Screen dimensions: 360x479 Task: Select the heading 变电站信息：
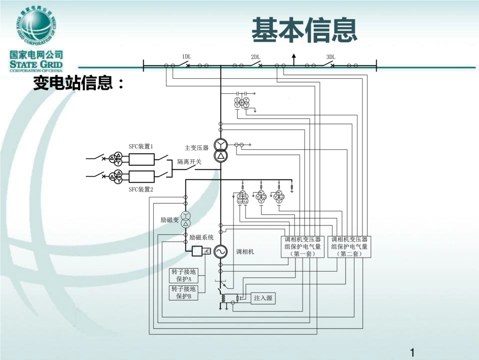[78, 83]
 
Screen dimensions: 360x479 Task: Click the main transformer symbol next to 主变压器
[220, 150]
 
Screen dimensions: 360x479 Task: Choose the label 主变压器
[196, 148]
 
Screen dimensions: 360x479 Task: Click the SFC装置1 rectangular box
[141, 159]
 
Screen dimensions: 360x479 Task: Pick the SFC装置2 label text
[141, 190]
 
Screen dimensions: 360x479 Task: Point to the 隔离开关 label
[189, 162]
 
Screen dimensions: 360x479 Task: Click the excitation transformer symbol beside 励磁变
[186, 220]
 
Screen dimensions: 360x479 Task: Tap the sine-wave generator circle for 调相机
[220, 251]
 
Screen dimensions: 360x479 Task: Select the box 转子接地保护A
[184, 275]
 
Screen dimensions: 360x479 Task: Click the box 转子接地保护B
[184, 292]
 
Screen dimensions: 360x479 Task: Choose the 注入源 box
[263, 298]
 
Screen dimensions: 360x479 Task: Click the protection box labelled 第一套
[302, 247]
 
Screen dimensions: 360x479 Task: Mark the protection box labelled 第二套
[349, 247]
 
